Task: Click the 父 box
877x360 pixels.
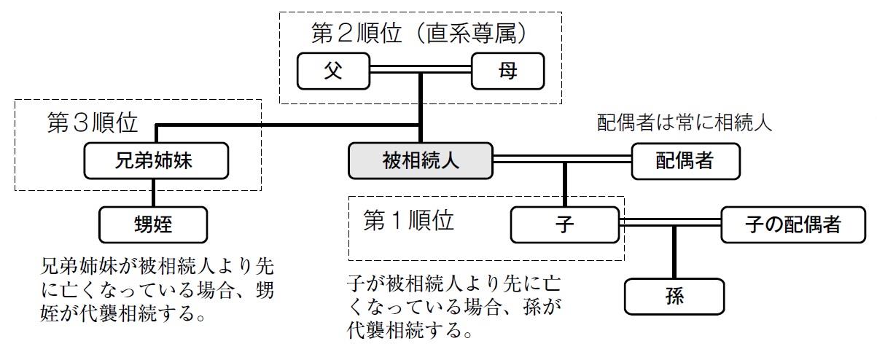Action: [x=334, y=71]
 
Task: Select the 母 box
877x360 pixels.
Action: [x=507, y=71]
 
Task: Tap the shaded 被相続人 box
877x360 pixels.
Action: [x=421, y=160]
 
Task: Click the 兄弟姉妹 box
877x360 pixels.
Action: [x=155, y=160]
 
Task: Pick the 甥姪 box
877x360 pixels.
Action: [x=153, y=224]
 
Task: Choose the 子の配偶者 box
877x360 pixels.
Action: [x=792, y=224]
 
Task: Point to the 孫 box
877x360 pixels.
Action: [x=674, y=297]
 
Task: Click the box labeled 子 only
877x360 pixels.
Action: [x=565, y=224]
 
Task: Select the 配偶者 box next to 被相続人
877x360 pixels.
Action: [x=685, y=160]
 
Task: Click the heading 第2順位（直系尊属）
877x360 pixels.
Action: [x=419, y=34]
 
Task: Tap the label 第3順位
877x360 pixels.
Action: [x=92, y=122]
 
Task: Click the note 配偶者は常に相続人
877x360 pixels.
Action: [x=685, y=122]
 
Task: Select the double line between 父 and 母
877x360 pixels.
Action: [x=421, y=71]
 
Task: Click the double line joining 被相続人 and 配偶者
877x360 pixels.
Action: [x=561, y=158]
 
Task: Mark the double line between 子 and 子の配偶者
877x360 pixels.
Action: [x=671, y=223]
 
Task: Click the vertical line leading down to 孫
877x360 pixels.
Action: [x=674, y=251]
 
